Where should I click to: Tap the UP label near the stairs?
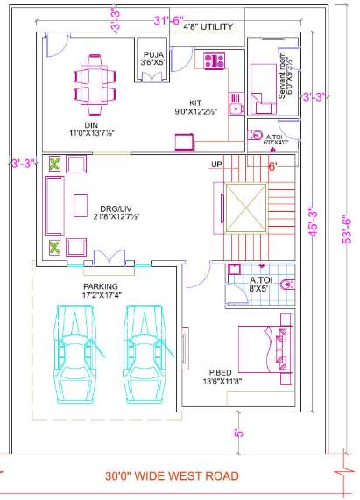216,164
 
